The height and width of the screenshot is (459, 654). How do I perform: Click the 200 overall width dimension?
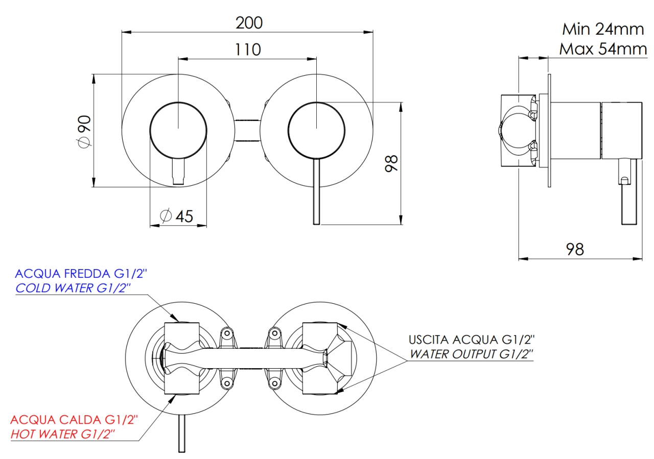point(249,23)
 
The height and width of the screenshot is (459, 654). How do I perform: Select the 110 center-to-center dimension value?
point(248,50)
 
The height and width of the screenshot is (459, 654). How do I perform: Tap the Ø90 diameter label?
point(84,132)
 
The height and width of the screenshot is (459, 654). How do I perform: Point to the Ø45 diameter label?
point(177,216)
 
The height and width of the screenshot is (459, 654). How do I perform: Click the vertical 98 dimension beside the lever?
point(391,163)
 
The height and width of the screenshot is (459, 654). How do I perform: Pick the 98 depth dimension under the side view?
point(575,249)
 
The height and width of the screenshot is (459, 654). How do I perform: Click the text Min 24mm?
point(603,29)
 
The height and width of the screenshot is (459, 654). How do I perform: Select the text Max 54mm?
point(603,49)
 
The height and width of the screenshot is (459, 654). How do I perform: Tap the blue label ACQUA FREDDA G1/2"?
point(81,274)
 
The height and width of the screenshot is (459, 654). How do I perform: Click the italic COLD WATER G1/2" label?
point(73,288)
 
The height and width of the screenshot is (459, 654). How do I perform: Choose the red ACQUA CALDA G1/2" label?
point(74,420)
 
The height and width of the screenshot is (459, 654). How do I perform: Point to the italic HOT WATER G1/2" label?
point(63,434)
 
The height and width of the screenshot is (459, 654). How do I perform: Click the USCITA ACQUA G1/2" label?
point(472,340)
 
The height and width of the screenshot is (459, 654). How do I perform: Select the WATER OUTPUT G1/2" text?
point(472,354)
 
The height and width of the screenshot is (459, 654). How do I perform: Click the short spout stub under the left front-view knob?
point(179,172)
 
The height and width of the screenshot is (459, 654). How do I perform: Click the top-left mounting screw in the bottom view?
point(227,333)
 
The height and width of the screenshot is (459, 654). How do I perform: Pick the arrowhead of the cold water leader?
point(175,318)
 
